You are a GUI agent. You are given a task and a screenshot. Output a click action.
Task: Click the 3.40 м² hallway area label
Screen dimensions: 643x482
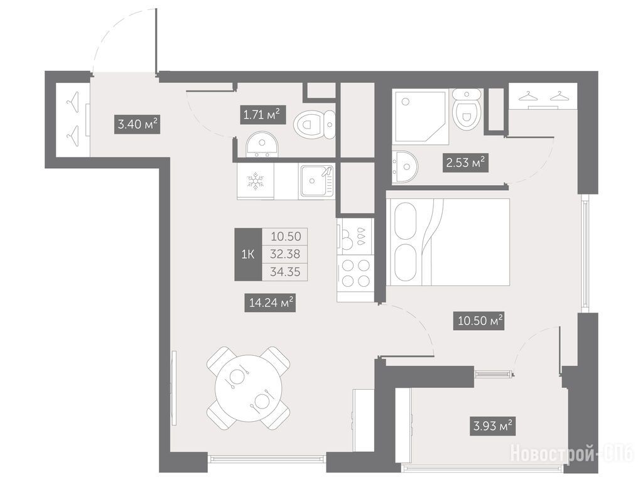(137, 124)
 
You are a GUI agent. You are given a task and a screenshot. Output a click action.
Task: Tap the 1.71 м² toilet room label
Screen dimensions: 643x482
(262, 115)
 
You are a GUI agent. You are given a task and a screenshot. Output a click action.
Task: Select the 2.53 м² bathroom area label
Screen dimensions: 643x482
(465, 163)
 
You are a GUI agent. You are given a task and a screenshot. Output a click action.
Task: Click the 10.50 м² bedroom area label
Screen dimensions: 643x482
(478, 321)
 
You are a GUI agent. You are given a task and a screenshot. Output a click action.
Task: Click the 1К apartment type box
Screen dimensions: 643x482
(247, 254)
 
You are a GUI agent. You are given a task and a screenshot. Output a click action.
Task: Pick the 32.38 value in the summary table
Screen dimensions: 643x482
(285, 254)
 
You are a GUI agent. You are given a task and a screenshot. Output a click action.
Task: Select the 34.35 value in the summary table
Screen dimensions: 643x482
(285, 271)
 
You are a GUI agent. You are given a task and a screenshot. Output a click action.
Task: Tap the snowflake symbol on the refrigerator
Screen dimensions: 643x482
(255, 181)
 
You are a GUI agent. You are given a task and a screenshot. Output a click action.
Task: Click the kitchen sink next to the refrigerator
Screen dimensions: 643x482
(317, 180)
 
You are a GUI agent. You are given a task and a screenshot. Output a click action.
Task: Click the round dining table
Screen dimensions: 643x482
(249, 388)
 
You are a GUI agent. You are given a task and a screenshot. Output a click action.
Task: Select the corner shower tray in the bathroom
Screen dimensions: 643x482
(419, 117)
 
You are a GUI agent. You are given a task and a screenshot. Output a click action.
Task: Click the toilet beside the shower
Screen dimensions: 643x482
(467, 109)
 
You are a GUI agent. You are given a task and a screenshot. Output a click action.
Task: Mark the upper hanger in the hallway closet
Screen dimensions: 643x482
(73, 101)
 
